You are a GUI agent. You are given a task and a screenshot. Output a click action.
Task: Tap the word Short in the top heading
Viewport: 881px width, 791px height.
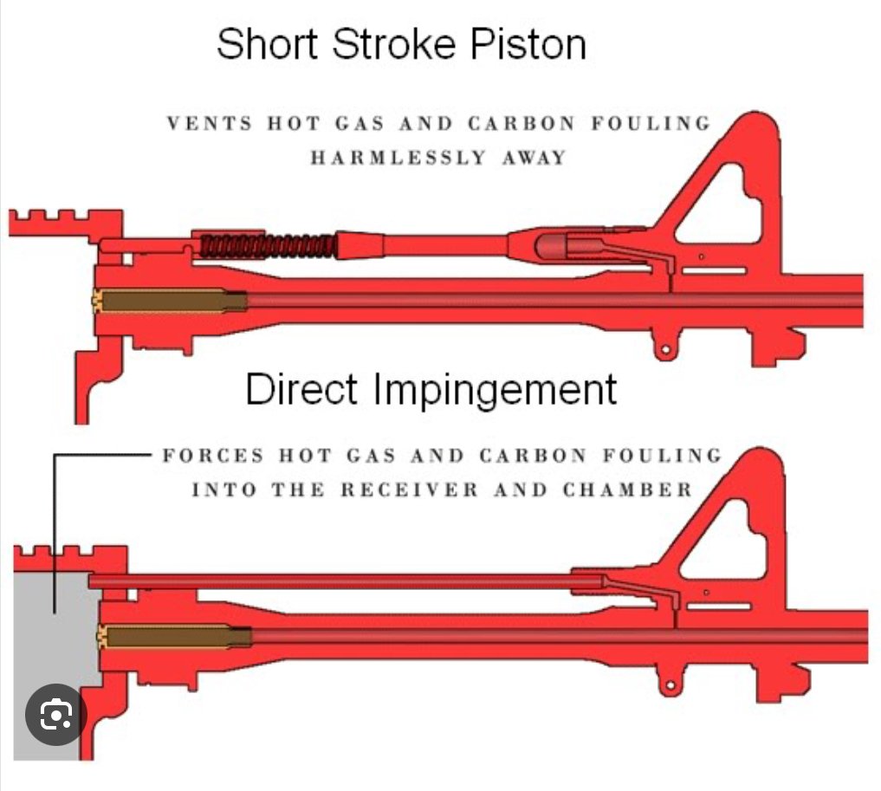click(x=269, y=43)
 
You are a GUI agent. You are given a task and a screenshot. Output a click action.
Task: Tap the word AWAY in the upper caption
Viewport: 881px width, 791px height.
click(x=533, y=158)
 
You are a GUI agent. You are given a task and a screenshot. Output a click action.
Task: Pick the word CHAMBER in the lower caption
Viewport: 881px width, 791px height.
click(x=628, y=490)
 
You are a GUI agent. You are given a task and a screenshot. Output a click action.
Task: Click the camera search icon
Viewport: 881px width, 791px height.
click(x=55, y=715)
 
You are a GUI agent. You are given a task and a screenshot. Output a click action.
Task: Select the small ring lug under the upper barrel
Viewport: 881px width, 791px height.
click(x=665, y=349)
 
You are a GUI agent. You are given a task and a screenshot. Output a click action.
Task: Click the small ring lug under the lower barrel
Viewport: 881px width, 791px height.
click(x=668, y=685)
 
